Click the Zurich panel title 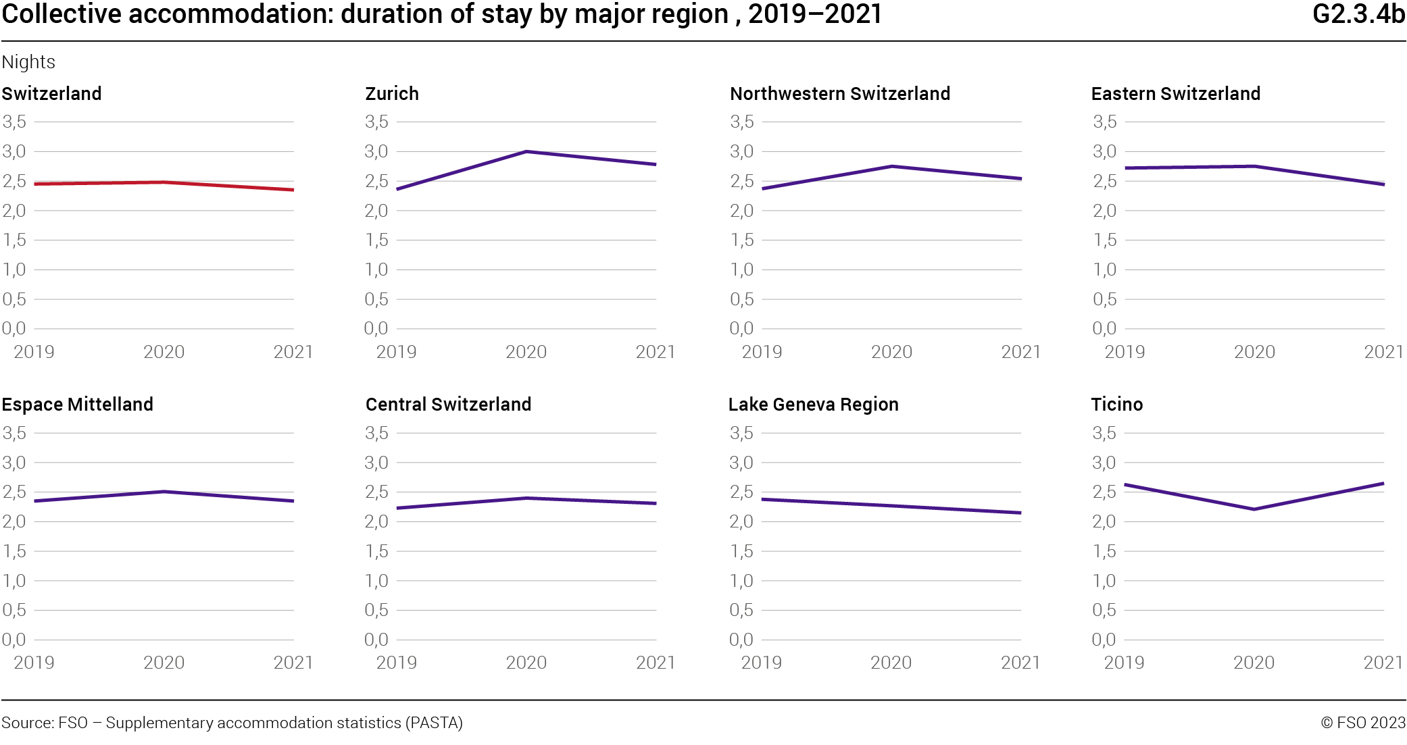click(x=391, y=93)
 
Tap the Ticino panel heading click(x=1116, y=404)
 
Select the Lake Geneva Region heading click(x=813, y=404)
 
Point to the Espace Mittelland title click(x=77, y=404)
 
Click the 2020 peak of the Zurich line click(x=526, y=151)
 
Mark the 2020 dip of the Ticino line click(x=1254, y=509)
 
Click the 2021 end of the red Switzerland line click(x=293, y=190)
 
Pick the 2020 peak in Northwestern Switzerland click(x=892, y=166)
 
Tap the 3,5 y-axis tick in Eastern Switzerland click(x=1104, y=122)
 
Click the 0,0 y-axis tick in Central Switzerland click(x=376, y=639)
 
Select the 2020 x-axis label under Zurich click(x=526, y=351)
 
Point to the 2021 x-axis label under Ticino click(x=1383, y=662)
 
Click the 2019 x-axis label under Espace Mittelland click(x=34, y=662)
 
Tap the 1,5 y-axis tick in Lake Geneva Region click(x=741, y=551)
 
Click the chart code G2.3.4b click(x=1358, y=14)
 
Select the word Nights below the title click(x=28, y=62)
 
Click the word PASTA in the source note click(x=433, y=723)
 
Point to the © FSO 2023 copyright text click(x=1362, y=723)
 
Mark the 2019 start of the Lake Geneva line click(x=763, y=500)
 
